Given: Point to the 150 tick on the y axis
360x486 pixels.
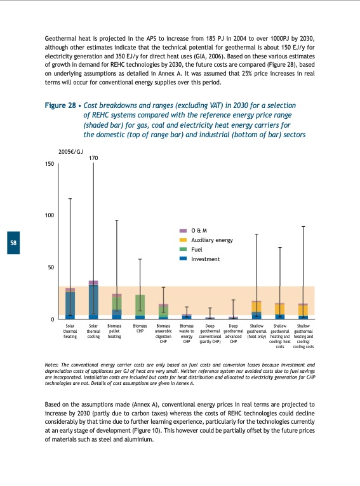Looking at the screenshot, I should pos(49,164).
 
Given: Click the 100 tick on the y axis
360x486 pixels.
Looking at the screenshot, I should pos(49,216).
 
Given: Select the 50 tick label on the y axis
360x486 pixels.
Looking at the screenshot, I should pos(50,267).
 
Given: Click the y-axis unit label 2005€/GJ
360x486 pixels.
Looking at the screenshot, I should pos(71,152).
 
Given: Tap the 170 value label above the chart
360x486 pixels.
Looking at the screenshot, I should pos(93,158).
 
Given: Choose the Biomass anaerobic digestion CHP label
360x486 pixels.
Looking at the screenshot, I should pos(163,334).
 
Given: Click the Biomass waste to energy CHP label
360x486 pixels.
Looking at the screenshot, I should pos(187,334).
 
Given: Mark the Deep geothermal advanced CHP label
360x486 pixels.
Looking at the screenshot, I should pos(233,334).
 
